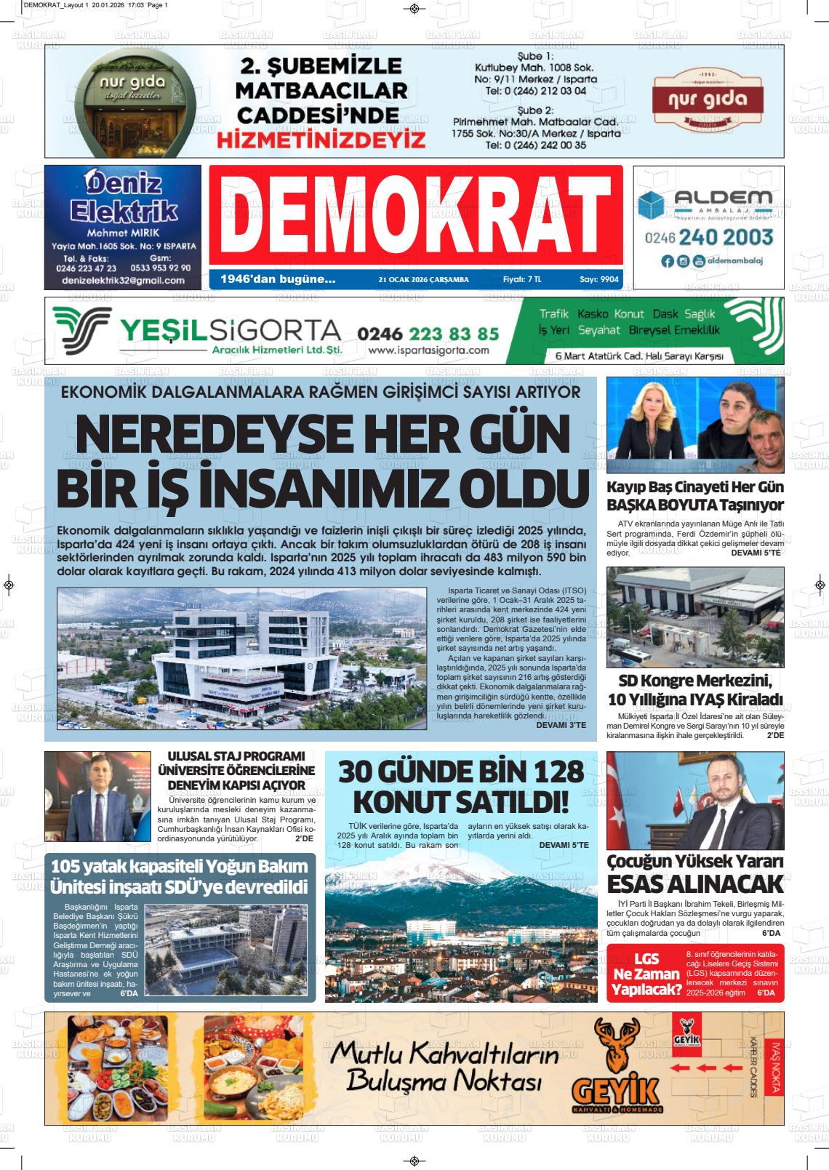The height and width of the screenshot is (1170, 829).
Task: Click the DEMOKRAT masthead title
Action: point(415,215)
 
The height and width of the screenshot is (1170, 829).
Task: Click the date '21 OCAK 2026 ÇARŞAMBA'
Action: point(424,279)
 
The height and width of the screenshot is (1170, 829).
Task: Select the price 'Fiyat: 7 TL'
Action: point(522,279)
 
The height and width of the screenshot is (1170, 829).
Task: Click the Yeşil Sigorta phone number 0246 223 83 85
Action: point(428,333)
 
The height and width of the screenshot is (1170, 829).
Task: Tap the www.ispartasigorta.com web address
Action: point(428,350)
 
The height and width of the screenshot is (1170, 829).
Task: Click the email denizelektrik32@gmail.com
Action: point(123,280)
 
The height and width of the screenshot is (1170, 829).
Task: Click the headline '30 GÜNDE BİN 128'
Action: point(461,771)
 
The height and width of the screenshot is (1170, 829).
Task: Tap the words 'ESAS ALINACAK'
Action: point(694,883)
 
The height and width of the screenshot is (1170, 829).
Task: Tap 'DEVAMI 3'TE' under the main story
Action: point(561,725)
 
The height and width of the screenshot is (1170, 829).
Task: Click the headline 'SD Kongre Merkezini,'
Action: point(694,681)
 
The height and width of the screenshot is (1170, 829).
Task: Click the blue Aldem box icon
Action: point(651,205)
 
